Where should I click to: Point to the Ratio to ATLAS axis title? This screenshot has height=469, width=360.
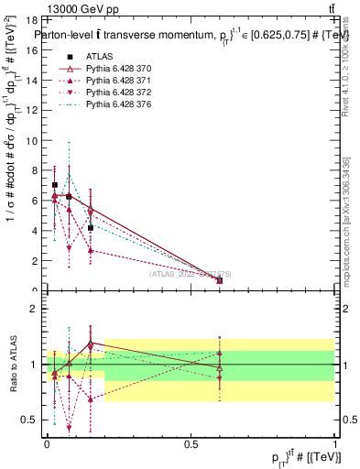12,364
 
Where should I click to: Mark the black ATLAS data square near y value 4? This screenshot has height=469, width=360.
91,227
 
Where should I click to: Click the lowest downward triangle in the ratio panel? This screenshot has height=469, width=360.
70,427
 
